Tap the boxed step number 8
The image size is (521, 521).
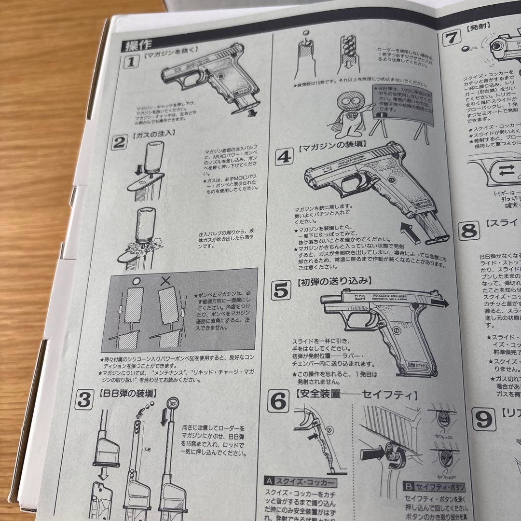pos(468,231)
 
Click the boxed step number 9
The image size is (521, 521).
pos(483,419)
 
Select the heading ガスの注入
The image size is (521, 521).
pos(157,133)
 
